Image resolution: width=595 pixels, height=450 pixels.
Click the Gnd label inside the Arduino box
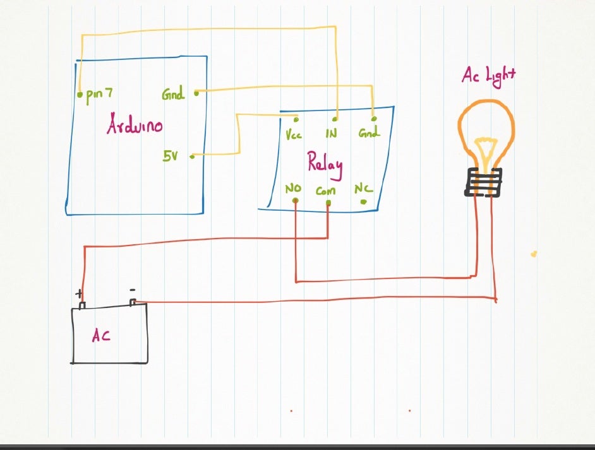(x=172, y=95)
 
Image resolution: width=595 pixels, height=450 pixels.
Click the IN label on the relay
(x=332, y=134)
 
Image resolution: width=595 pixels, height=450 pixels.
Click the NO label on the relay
(x=293, y=189)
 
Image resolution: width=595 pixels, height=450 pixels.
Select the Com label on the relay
(x=326, y=190)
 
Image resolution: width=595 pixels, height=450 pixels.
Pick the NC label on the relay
(x=363, y=189)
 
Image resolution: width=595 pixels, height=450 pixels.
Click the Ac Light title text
(x=488, y=75)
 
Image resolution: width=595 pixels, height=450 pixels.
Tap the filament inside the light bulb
(x=484, y=152)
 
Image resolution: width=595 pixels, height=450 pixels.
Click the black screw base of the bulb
(x=484, y=182)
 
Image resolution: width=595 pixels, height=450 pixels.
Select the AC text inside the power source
(x=101, y=336)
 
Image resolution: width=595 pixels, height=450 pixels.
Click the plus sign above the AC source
(x=80, y=294)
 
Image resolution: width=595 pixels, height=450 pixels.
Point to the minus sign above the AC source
(x=132, y=290)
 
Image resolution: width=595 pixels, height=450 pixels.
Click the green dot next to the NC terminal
(x=363, y=202)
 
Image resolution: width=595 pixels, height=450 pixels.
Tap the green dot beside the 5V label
(x=191, y=156)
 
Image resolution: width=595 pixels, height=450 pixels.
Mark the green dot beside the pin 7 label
(x=80, y=95)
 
